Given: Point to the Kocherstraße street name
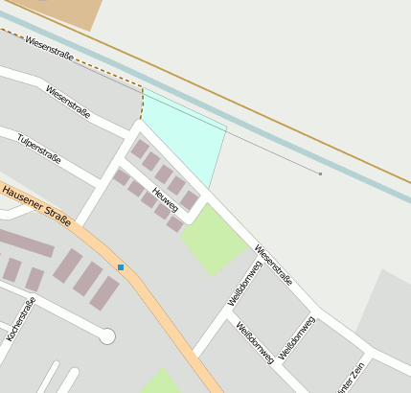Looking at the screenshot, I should coord(20,319).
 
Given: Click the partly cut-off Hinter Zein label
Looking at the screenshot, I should coord(351,378).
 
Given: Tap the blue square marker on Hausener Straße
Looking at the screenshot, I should coord(121,266).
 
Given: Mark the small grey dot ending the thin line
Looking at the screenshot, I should coord(320,173).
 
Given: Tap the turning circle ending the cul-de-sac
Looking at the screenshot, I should coord(107,335).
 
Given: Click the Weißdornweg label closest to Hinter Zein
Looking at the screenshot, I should coord(296,335).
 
